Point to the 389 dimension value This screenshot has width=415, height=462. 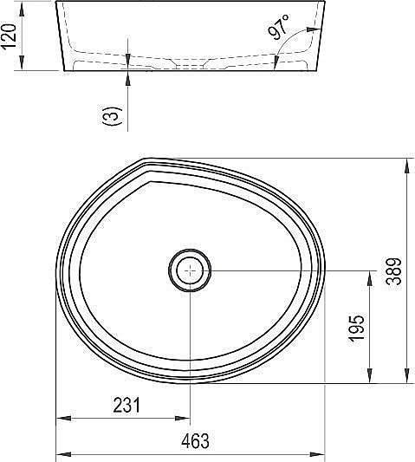click(x=395, y=273)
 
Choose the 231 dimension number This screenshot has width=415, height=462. click(x=126, y=406)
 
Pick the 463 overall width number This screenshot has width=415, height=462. click(x=196, y=441)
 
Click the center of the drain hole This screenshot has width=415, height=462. click(x=190, y=270)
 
